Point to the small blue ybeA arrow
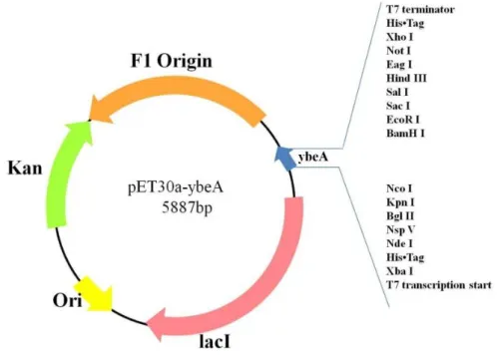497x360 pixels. click(x=285, y=159)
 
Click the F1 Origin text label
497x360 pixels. click(x=172, y=61)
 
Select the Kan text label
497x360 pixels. click(x=25, y=168)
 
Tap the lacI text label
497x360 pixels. click(x=215, y=341)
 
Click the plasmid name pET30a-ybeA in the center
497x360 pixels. click(x=176, y=188)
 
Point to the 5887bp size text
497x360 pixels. click(x=187, y=208)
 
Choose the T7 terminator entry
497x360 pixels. click(x=420, y=9)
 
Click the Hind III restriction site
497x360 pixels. click(x=406, y=78)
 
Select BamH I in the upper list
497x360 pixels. click(x=405, y=134)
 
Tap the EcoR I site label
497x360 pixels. click(x=403, y=120)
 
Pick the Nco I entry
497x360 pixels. click(x=399, y=188)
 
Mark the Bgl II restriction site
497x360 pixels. click(x=400, y=216)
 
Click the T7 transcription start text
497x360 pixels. click(x=439, y=285)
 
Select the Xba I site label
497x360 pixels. click(x=400, y=271)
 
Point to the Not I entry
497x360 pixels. click(x=398, y=51)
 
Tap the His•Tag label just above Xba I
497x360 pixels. click(x=405, y=257)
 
